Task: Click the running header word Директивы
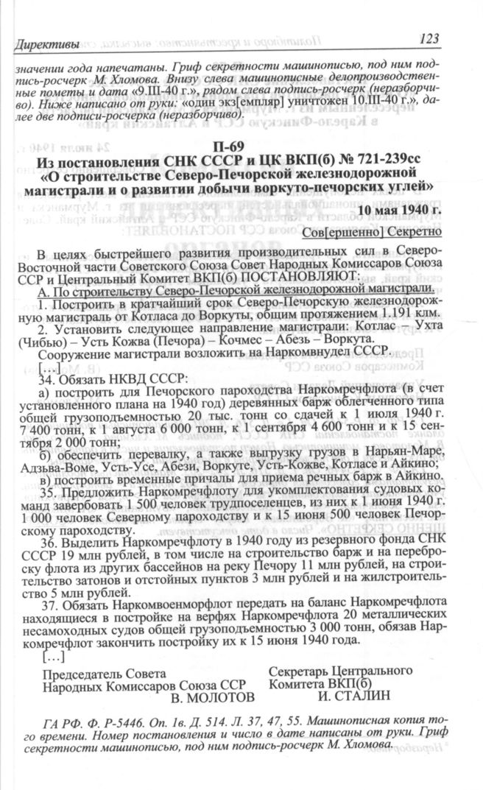tap(46, 46)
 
